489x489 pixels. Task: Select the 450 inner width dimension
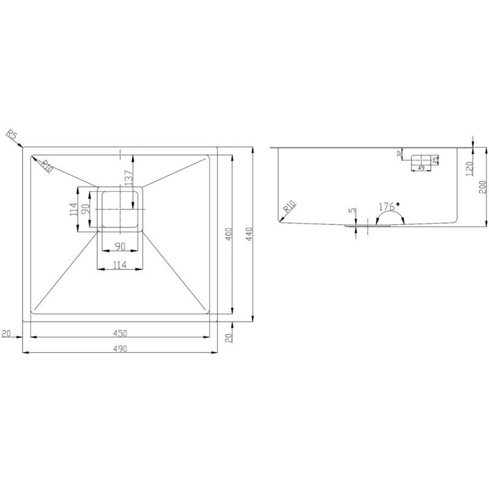tap(120, 333)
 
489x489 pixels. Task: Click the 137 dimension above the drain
tap(128, 177)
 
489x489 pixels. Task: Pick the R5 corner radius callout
tap(11, 135)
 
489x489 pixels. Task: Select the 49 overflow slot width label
tap(421, 168)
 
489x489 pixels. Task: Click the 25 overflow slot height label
tap(435, 160)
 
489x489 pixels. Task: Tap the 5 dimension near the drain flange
tap(352, 211)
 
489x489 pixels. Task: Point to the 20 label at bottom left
tap(7, 333)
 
